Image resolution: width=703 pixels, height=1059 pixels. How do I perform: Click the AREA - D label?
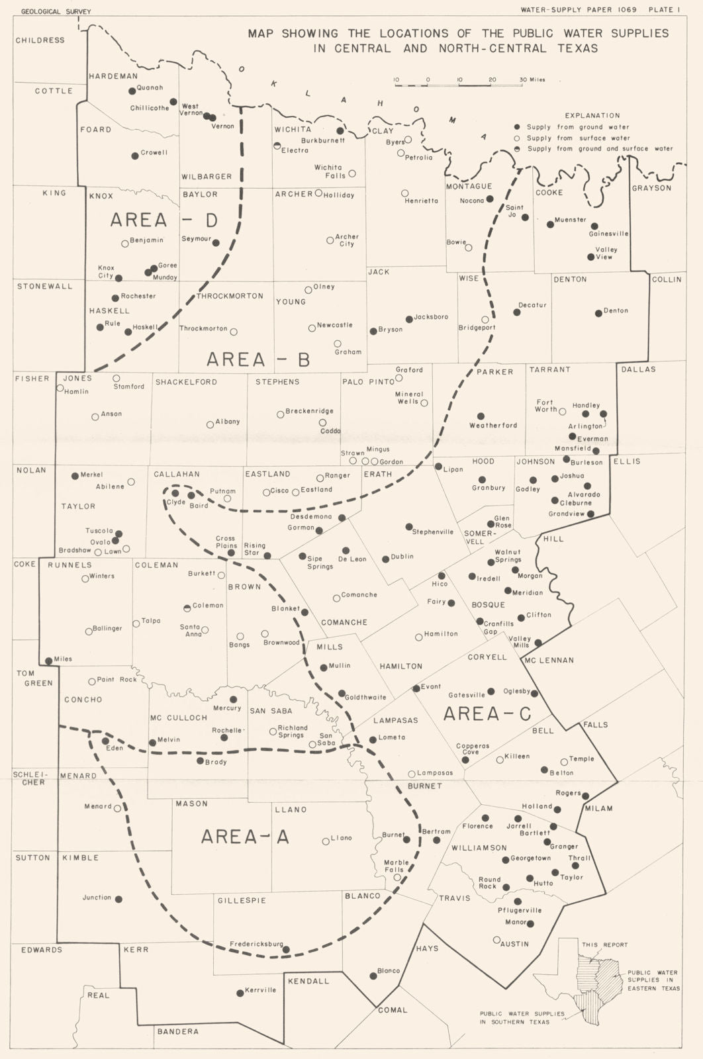point(164,220)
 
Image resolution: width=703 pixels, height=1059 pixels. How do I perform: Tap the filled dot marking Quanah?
point(132,91)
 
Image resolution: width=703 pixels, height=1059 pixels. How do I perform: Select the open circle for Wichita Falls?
point(352,173)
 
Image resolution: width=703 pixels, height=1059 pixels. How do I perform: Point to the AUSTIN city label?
point(514,943)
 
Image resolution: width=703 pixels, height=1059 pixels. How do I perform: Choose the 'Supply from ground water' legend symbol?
point(517,127)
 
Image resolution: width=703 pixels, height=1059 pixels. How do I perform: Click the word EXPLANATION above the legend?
point(593,115)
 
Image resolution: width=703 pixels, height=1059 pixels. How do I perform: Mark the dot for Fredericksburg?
point(286,949)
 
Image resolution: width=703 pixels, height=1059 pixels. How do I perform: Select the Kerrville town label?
point(260,990)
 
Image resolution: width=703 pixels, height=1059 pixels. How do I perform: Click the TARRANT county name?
point(549,369)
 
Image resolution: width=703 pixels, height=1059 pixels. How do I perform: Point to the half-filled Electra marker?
point(277,145)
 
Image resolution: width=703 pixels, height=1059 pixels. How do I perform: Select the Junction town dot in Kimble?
point(119,899)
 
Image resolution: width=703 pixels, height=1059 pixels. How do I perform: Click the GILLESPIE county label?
point(242,900)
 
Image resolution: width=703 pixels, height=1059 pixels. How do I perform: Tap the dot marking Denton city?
point(598,313)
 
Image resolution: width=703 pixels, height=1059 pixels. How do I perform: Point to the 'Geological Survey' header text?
point(56,11)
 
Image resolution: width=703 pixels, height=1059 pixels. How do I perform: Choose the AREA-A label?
point(245,837)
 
